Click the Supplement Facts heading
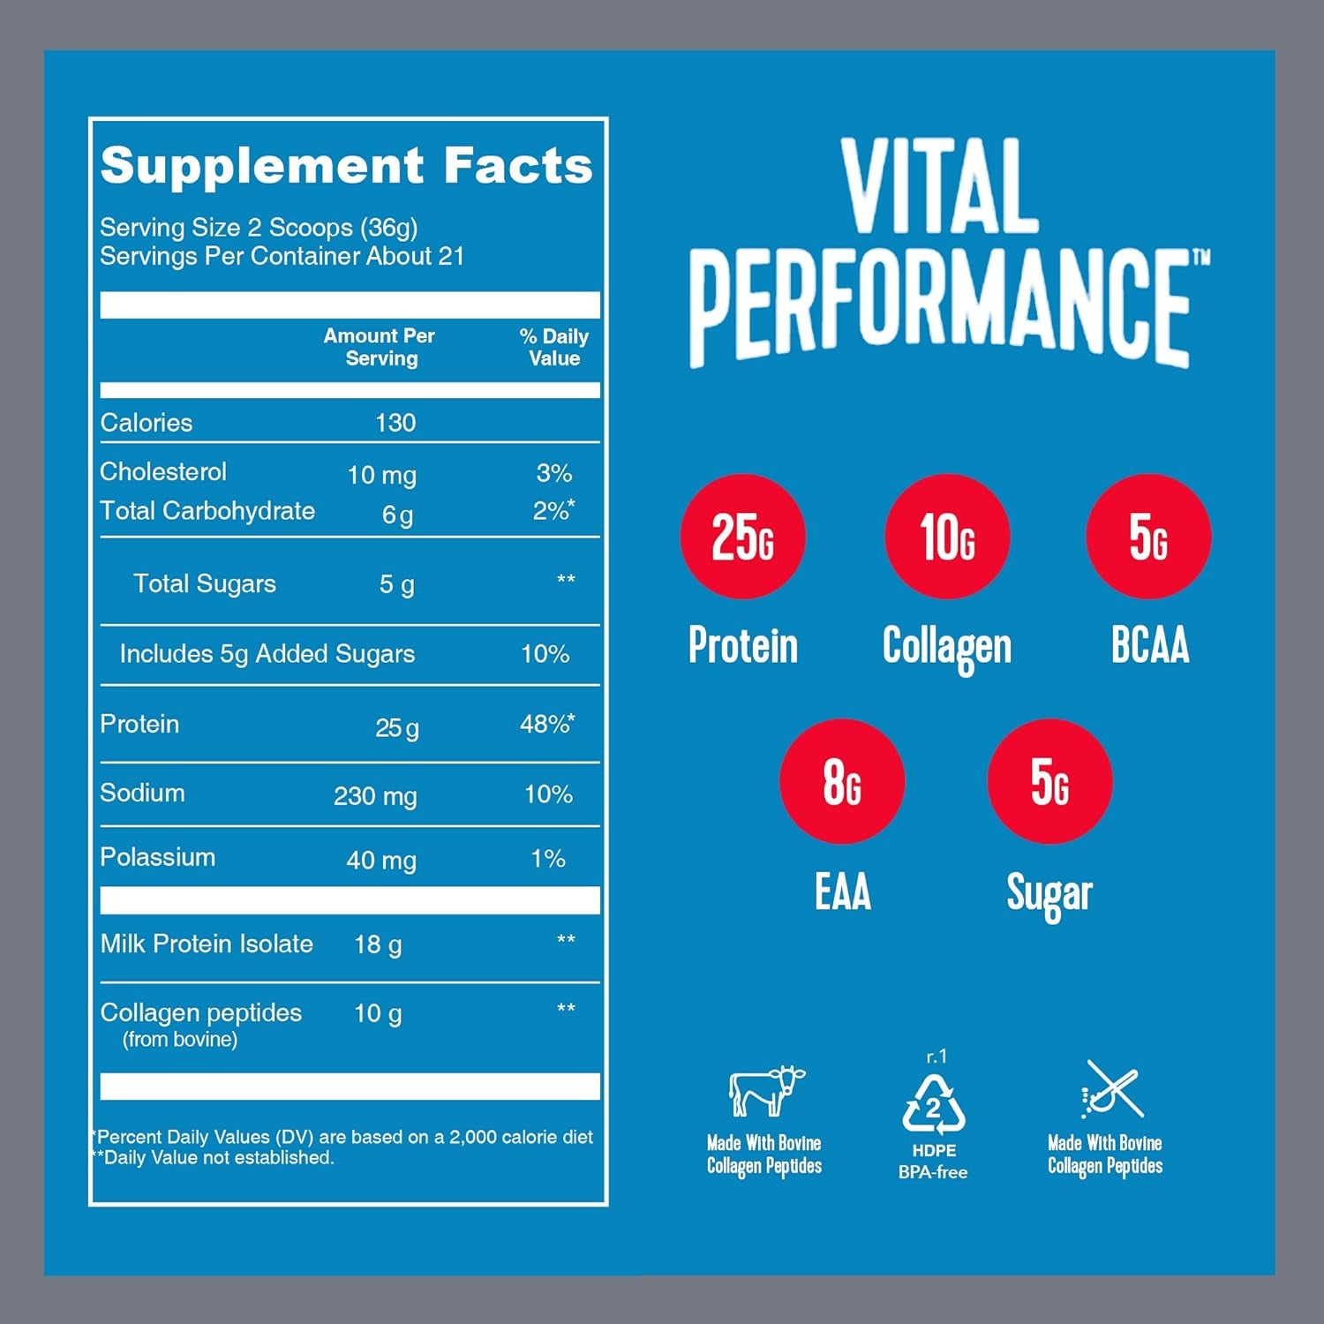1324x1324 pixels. (346, 166)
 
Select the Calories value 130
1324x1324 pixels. (395, 423)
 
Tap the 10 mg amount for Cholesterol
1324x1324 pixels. (381, 475)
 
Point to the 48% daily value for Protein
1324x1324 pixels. (546, 725)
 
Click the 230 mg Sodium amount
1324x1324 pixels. (375, 796)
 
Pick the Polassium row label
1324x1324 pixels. (157, 857)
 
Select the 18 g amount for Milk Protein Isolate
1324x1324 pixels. (378, 944)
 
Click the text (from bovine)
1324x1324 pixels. (180, 1040)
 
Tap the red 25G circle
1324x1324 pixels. (742, 537)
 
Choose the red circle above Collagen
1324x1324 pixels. (947, 537)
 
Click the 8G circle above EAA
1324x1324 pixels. (842, 781)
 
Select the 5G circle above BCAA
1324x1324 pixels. (1148, 537)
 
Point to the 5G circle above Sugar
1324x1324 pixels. (1049, 781)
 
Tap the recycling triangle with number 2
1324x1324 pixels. (934, 1105)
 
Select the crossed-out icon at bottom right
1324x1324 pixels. (1113, 1090)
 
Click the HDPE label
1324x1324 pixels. (934, 1150)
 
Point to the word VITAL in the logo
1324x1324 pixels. (940, 187)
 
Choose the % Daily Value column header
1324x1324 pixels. (553, 347)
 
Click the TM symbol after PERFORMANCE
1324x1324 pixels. (1201, 257)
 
